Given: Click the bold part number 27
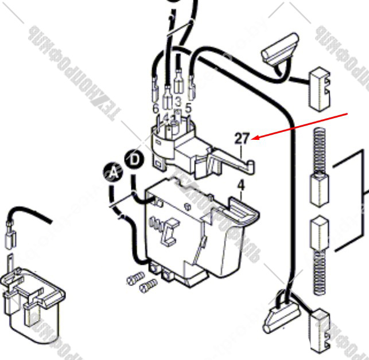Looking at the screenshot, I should [242, 138].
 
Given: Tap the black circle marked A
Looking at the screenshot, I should [113, 172].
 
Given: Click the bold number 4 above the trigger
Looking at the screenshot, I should [241, 185].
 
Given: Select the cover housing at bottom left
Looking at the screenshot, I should [32, 299].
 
